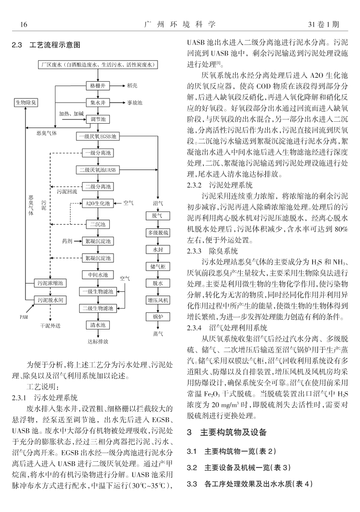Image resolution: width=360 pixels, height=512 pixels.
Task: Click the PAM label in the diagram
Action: pos(24,318)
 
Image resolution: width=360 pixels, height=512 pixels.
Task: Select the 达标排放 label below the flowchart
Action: pos(98,341)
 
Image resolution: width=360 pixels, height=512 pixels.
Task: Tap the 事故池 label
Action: pos(135,102)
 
